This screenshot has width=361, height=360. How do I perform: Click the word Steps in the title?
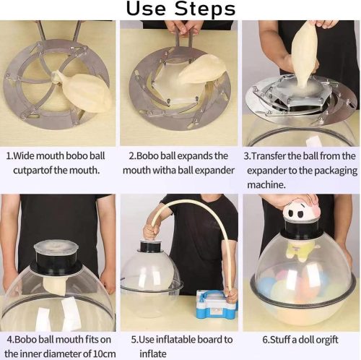[x=204, y=9]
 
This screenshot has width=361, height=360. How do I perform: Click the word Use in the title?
[x=146, y=9]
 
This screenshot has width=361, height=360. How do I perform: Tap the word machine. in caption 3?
[x=266, y=185]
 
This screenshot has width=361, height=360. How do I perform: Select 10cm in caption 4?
[x=104, y=354]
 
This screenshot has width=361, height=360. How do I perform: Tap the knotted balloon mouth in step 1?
[x=56, y=77]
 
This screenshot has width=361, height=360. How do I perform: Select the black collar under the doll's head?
[x=301, y=229]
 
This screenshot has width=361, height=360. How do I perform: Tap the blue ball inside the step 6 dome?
[x=264, y=286]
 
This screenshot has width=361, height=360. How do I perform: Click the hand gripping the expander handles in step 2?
[x=185, y=27]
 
